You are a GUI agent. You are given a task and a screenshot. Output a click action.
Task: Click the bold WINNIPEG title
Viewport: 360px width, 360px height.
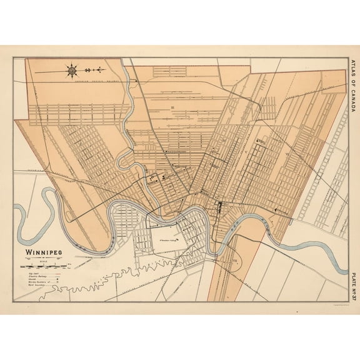coord(44,254)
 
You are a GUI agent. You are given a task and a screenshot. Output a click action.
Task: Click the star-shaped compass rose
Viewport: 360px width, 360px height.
coord(73,70)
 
